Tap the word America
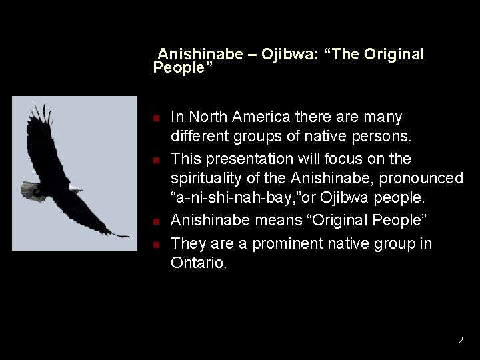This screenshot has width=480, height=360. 259,117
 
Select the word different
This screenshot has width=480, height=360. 197,138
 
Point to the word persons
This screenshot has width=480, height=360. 387,138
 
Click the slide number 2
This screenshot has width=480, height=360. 460,341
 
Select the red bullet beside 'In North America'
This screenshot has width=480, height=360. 155,119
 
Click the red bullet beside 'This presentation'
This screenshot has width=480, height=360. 155,161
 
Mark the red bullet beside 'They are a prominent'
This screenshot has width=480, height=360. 155,245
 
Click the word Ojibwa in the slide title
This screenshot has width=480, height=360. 285,54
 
